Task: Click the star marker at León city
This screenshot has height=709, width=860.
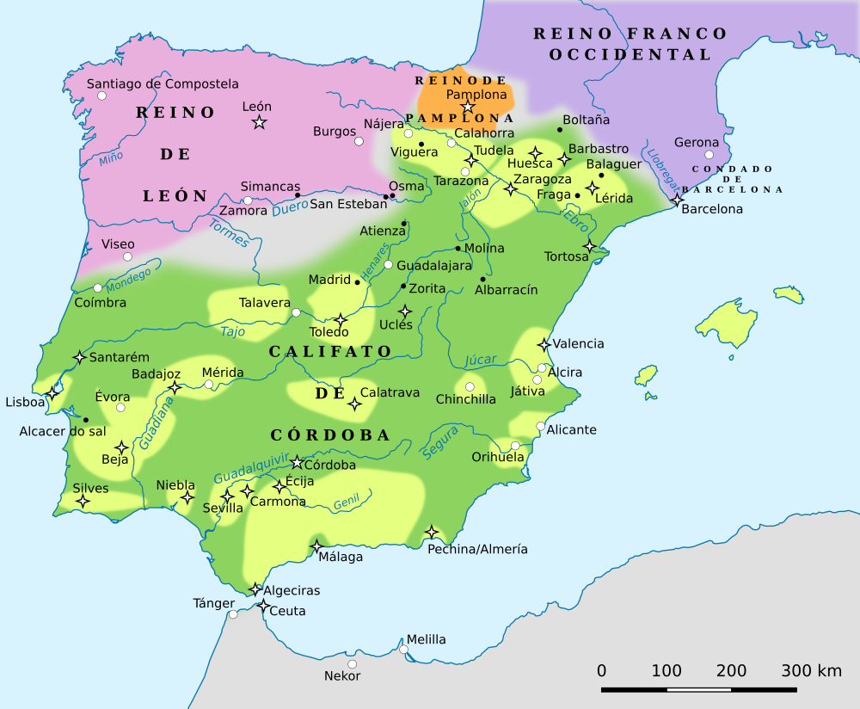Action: [x=259, y=122]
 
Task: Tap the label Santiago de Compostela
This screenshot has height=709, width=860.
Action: [x=163, y=84]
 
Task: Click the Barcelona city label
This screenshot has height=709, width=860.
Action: [x=711, y=209]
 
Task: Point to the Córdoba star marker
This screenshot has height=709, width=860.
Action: [x=298, y=463]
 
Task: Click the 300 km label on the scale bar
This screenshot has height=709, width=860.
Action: [x=811, y=671]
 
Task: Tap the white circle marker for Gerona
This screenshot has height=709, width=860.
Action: [x=709, y=155]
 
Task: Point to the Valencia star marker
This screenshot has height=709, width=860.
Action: [x=544, y=344]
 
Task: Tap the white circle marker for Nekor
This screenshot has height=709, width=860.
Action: [x=352, y=663]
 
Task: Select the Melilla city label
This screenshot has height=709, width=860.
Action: [x=426, y=639]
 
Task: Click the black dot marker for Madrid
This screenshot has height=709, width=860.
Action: [x=358, y=281]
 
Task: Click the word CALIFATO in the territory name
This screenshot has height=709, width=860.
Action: [x=330, y=352]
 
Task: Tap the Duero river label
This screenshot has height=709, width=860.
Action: [x=289, y=207]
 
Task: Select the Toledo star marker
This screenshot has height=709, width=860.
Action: [x=341, y=319]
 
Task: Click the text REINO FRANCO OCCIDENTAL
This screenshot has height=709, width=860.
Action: [x=630, y=44]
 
